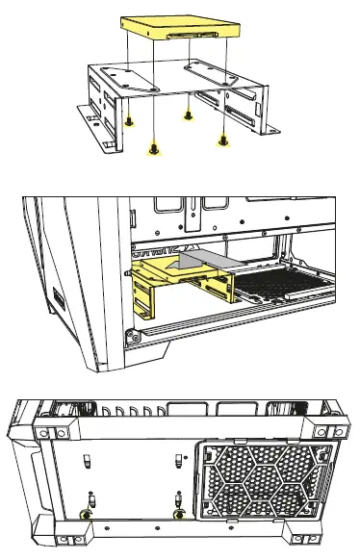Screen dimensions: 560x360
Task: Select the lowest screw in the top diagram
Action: [x=152, y=148]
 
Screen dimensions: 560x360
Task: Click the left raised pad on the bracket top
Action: [x=118, y=75]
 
